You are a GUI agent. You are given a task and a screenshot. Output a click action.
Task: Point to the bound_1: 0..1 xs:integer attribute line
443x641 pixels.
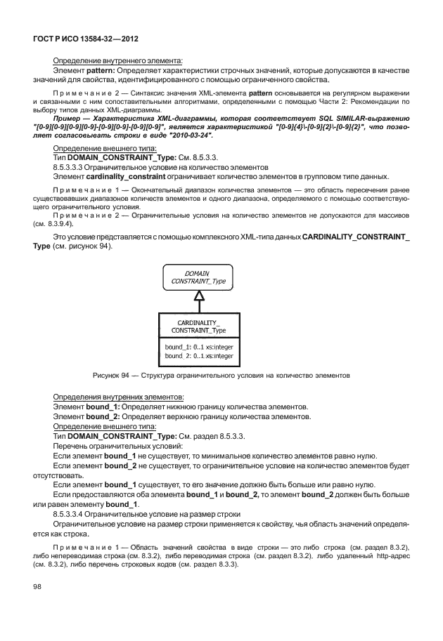click(x=199, y=347)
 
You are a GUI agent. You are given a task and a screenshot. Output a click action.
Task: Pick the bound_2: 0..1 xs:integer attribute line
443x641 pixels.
click(x=199, y=356)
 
